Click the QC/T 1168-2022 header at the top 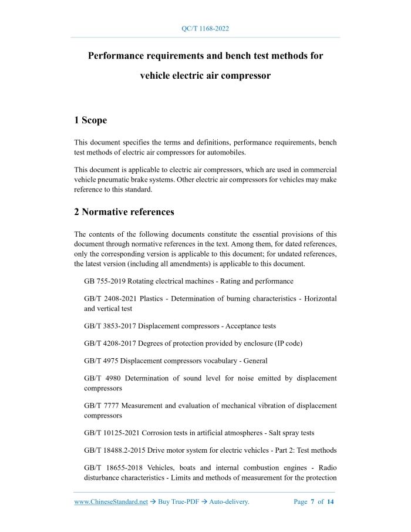(206, 28)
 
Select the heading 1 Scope (90, 120)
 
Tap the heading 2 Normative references (124, 211)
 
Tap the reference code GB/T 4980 (102, 379)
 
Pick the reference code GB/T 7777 (101, 406)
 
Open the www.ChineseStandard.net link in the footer (111, 502)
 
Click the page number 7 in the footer (312, 502)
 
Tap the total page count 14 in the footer (331, 502)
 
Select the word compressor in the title (242, 76)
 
